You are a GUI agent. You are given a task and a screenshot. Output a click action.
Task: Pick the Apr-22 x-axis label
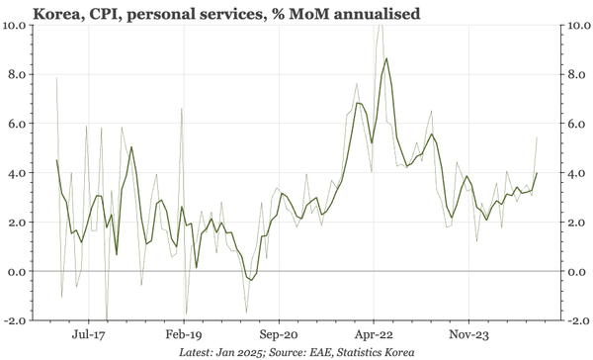coord(374,335)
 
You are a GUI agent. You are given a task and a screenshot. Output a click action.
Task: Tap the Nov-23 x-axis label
coord(469,335)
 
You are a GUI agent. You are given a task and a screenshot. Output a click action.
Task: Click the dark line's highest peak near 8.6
coord(385,58)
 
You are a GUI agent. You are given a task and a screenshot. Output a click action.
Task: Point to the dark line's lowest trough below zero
coord(250,280)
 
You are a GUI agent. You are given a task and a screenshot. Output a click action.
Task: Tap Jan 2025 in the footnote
coord(241,352)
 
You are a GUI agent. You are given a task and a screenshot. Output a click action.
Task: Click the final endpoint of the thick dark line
coord(537,173)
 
